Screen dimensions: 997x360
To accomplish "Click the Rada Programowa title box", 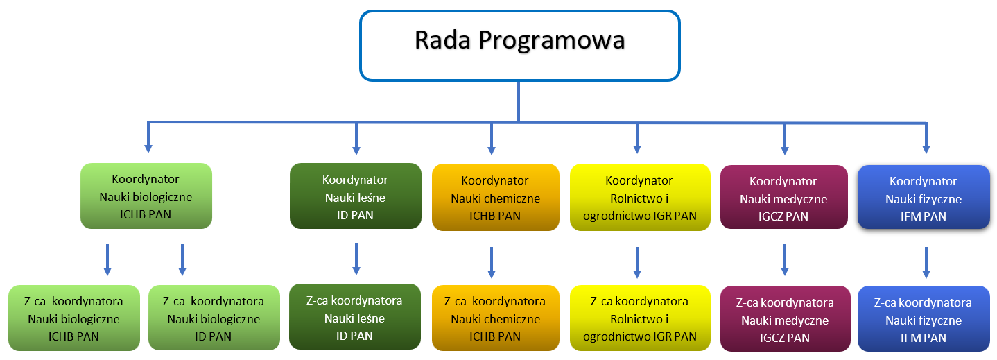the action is tap(519, 46).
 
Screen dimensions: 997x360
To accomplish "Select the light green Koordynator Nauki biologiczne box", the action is tap(146, 196).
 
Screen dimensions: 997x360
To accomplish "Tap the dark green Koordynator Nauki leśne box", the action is tap(355, 196).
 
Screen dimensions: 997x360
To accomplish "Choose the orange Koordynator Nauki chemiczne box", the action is tap(496, 198).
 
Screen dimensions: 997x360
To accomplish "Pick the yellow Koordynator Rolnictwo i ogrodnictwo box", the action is tap(640, 198).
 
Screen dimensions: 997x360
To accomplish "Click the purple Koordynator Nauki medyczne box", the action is tap(783, 198).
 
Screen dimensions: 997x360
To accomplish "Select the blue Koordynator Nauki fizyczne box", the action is tap(924, 198).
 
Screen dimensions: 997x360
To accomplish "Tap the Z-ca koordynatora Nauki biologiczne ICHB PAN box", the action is tap(74, 318).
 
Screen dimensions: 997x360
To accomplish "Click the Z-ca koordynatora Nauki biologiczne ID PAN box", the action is tap(214, 318).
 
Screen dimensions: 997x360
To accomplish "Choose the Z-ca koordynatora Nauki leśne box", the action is tap(355, 317).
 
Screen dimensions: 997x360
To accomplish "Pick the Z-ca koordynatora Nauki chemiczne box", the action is tap(496, 318).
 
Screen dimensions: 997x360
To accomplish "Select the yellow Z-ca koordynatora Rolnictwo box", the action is tap(640, 318).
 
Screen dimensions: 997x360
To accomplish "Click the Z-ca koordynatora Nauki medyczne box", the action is tap(785, 319).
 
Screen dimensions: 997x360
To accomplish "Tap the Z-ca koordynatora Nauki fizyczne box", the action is tap(924, 319).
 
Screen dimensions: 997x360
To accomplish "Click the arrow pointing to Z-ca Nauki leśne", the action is tap(356, 259).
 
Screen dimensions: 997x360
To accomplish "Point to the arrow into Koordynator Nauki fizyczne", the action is tap(926, 138).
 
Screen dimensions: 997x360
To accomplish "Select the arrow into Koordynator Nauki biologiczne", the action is tap(148, 137).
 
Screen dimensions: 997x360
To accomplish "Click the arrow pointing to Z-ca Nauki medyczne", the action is tap(785, 260).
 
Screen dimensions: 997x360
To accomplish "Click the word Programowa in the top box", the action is tap(551, 41).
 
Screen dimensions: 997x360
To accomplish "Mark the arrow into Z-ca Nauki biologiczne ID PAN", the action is tap(182, 259).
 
